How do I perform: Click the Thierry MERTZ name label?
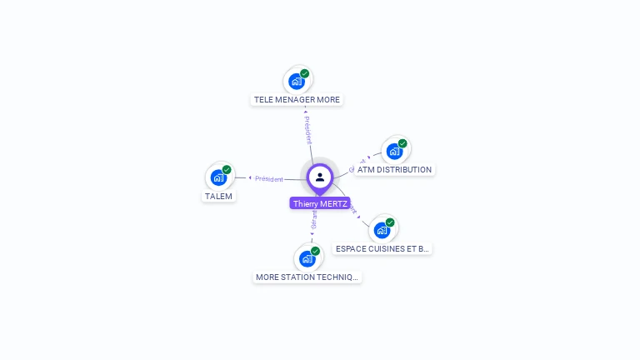click(320, 203)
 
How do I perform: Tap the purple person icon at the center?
click(320, 177)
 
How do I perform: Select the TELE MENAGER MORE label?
click(297, 99)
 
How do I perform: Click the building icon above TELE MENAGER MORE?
click(297, 81)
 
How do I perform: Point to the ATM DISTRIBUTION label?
click(394, 169)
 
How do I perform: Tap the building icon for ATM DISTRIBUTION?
click(394, 151)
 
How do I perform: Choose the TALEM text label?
click(219, 196)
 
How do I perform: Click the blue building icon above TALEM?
click(218, 177)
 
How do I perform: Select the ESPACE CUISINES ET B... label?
click(382, 248)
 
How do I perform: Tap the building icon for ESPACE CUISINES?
click(382, 229)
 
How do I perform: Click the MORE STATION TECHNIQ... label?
click(307, 277)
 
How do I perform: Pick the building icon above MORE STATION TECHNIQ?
click(307, 258)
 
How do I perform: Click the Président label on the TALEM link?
click(269, 178)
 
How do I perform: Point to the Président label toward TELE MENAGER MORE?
click(308, 130)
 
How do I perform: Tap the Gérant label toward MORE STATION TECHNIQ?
click(313, 220)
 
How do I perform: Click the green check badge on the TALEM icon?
click(227, 169)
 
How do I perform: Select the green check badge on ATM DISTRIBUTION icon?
click(402, 143)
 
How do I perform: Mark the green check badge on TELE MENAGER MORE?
click(305, 73)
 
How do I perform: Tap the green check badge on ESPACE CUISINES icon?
click(390, 222)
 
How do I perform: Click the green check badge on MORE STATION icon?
click(315, 251)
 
